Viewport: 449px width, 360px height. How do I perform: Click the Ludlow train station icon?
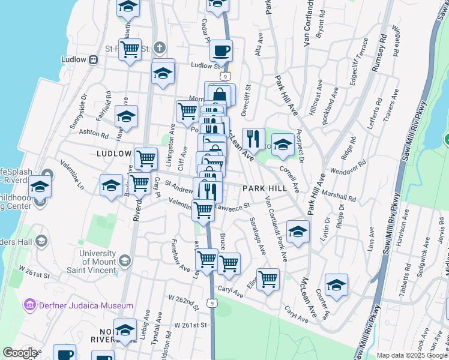tap(94, 59)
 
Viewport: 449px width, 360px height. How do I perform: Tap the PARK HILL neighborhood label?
tap(264, 188)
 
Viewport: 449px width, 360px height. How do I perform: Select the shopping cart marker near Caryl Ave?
tap(268, 278)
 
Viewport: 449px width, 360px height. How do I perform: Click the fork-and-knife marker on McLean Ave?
tap(253, 139)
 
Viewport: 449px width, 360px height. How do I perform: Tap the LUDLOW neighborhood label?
tap(113, 154)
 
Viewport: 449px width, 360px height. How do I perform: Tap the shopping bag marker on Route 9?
tap(220, 95)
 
